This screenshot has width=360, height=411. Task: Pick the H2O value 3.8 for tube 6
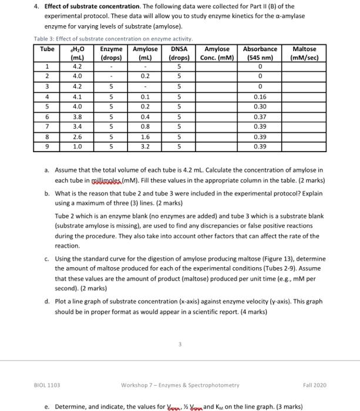[77, 117]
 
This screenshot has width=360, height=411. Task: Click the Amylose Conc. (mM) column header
[217, 53]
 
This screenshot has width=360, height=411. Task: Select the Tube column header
[46, 49]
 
